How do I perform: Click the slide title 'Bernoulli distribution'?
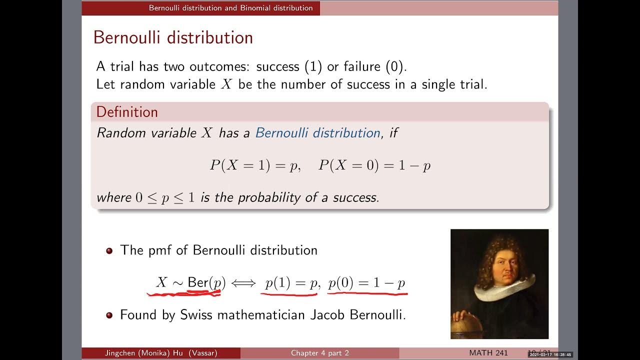tap(173, 38)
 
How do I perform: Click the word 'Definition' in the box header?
tap(127, 112)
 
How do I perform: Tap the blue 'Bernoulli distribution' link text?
tap(317, 133)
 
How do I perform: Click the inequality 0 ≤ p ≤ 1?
tap(165, 197)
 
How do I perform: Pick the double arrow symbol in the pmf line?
tap(243, 283)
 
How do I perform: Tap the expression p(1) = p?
tap(292, 283)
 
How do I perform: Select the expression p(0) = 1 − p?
tap(366, 283)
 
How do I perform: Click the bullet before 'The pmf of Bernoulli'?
tap(109, 250)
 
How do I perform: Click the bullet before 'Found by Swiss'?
tap(109, 315)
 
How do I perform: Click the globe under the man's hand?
tap(467, 327)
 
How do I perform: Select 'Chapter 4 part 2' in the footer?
tap(320, 353)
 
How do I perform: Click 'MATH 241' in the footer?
tap(488, 353)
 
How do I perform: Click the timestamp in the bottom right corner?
tap(550, 354)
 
